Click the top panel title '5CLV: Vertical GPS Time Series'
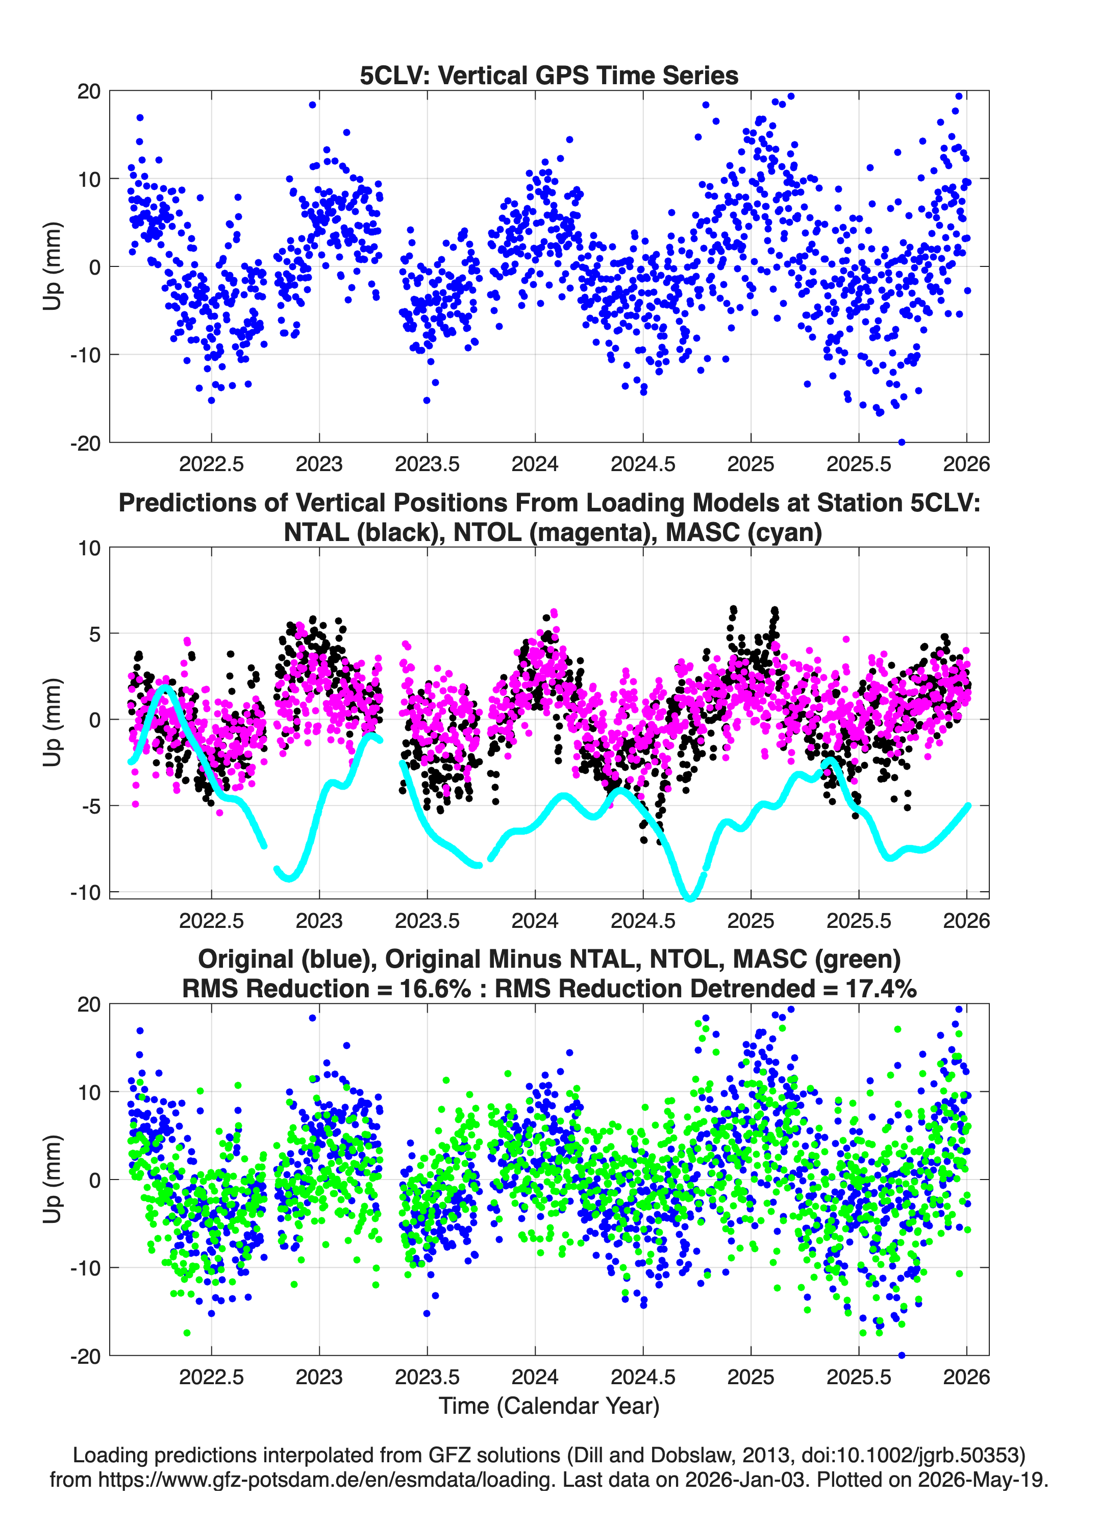[549, 75]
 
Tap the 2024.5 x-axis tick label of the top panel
[643, 464]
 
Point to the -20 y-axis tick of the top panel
[86, 443]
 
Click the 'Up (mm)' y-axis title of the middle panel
[53, 722]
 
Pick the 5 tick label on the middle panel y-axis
[94, 633]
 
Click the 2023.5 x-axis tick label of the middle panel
[428, 920]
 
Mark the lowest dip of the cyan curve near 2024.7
[690, 897]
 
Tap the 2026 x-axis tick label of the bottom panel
[966, 1377]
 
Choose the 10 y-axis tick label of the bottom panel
[90, 1092]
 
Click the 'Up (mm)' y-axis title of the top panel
[53, 266]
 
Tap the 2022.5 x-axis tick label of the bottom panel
[211, 1377]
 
